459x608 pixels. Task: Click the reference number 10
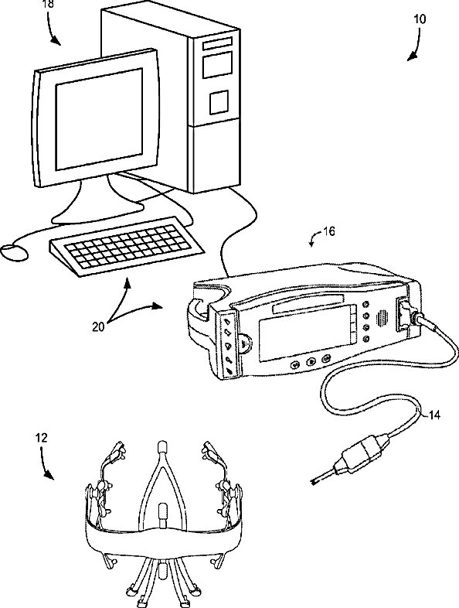(x=420, y=19)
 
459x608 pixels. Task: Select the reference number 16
(x=329, y=231)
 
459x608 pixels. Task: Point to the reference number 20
(x=98, y=327)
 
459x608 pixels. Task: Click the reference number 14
(x=434, y=415)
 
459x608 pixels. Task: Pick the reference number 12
(x=41, y=438)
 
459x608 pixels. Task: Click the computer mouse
(x=14, y=252)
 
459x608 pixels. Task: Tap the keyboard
(x=126, y=246)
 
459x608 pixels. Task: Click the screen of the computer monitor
(x=99, y=119)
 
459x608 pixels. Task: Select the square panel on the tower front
(x=219, y=102)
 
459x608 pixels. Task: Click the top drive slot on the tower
(x=217, y=43)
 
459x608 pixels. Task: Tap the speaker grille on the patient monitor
(x=382, y=318)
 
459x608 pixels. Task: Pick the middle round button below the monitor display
(x=311, y=362)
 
